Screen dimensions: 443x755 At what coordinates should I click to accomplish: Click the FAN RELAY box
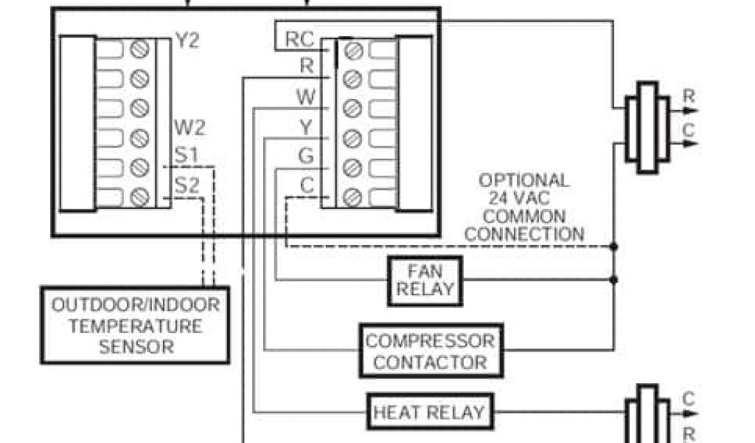[x=425, y=281]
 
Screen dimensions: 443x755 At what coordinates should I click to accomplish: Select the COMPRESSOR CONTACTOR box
[x=431, y=351]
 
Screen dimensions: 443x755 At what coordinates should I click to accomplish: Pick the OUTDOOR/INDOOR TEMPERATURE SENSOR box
[x=135, y=325]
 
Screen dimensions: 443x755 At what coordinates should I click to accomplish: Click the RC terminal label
[x=299, y=39]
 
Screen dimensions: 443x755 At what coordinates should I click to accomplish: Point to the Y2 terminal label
[x=187, y=40]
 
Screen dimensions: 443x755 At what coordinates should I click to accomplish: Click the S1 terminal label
[x=186, y=157]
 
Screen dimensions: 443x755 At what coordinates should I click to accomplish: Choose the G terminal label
[x=305, y=156]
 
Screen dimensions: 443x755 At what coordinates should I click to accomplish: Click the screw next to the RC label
[x=353, y=50]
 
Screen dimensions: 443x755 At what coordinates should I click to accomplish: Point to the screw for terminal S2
[x=139, y=197]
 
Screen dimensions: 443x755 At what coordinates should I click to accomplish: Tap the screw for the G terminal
[x=353, y=167]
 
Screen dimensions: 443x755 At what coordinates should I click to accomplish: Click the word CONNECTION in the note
[x=525, y=235]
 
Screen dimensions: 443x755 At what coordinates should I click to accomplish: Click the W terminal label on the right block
[x=305, y=97]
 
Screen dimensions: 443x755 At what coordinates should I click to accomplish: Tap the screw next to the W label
[x=353, y=109]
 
